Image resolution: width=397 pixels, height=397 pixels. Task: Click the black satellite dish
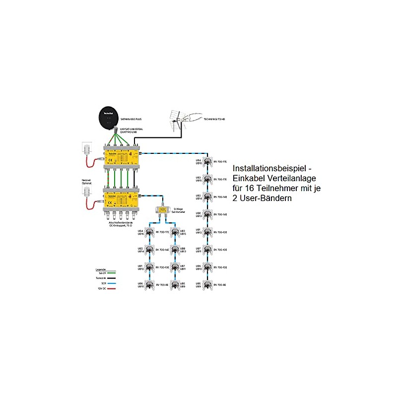[109, 116]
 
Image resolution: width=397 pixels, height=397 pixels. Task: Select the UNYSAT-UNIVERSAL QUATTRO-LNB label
[132, 131]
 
